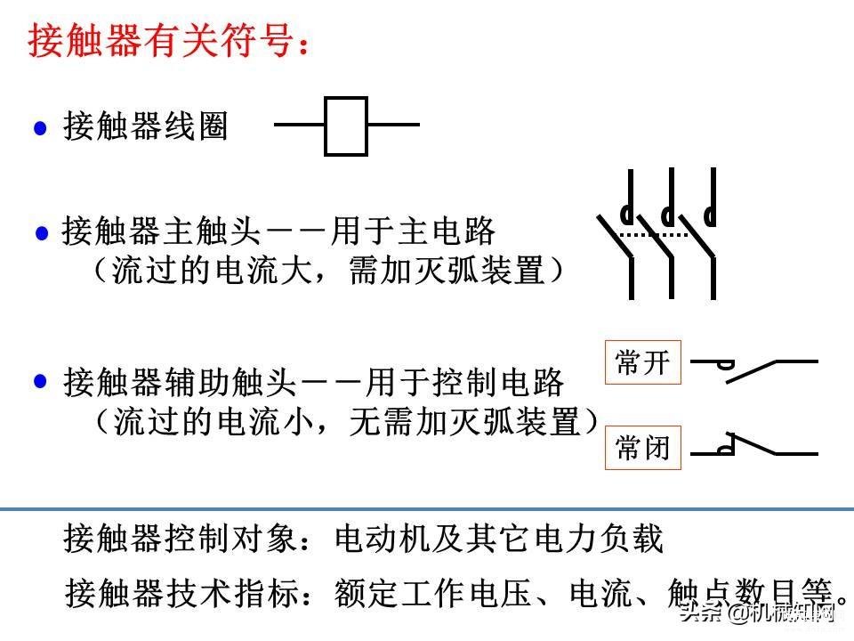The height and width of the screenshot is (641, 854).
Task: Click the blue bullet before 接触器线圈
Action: point(40,128)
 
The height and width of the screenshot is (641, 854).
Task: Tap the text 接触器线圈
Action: point(145,126)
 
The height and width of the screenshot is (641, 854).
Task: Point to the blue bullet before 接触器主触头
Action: point(42,232)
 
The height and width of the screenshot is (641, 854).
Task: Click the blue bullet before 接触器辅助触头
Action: point(40,380)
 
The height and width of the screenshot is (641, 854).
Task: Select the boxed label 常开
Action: point(642,362)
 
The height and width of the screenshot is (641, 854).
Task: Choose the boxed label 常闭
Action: point(642,448)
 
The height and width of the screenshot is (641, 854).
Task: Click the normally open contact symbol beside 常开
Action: point(753,370)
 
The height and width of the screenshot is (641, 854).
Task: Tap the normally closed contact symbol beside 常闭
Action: point(753,445)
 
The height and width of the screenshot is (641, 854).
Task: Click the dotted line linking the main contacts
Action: point(654,235)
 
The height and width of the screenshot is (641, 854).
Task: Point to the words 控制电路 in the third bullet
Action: point(498,382)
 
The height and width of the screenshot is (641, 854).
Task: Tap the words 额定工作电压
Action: point(433,593)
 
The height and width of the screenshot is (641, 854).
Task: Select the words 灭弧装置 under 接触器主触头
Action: point(479,271)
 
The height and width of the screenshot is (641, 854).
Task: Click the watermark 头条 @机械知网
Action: point(757,613)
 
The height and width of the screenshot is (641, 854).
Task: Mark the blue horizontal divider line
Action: point(427,509)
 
